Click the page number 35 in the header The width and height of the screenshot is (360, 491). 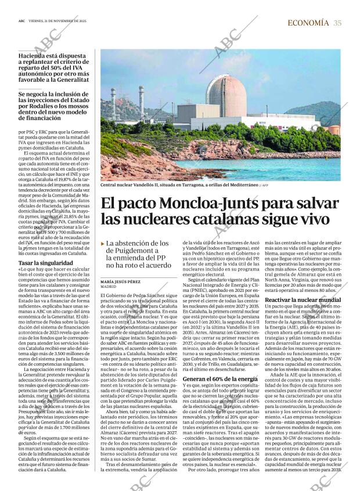tap(338, 23)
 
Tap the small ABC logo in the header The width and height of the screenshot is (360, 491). tap(21, 23)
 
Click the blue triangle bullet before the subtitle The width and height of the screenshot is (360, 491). tap(103, 244)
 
